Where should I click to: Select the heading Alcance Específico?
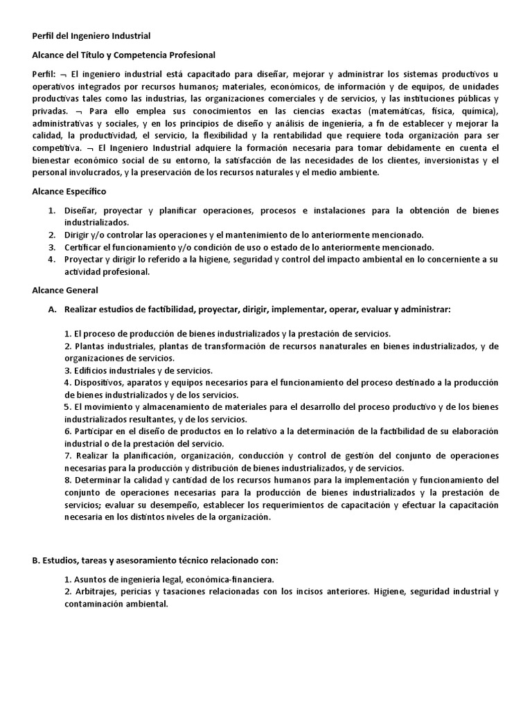coord(69,190)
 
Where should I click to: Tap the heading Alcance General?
coord(65,290)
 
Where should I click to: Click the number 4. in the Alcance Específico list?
coord(51,260)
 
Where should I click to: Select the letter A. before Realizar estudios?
coord(52,309)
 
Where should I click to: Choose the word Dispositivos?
coord(100,382)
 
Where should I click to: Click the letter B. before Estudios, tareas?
coord(37,559)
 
